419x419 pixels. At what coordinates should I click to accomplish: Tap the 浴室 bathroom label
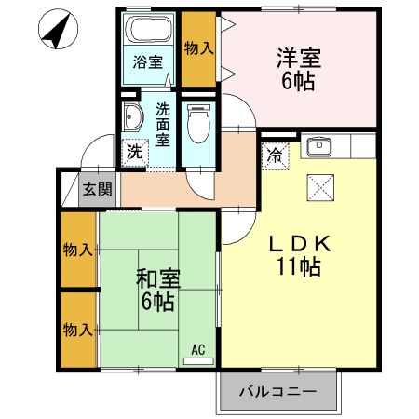click(x=147, y=63)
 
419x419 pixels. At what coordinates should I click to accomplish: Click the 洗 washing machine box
click(x=136, y=150)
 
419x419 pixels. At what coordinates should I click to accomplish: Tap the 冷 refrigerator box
click(x=276, y=155)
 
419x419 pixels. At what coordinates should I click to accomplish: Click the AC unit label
click(x=197, y=350)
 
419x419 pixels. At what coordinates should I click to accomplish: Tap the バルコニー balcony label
click(x=277, y=391)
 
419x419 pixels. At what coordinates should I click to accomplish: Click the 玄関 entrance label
click(x=96, y=189)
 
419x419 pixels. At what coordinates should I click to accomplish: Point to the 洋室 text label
click(x=298, y=58)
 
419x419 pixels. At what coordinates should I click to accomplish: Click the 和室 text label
click(x=157, y=277)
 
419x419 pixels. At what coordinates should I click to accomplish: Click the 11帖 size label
click(x=298, y=267)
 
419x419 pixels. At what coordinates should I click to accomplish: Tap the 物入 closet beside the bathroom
click(x=197, y=47)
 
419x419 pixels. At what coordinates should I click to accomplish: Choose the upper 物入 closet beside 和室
click(x=77, y=250)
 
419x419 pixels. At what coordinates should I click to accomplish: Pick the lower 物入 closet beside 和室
click(x=77, y=330)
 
